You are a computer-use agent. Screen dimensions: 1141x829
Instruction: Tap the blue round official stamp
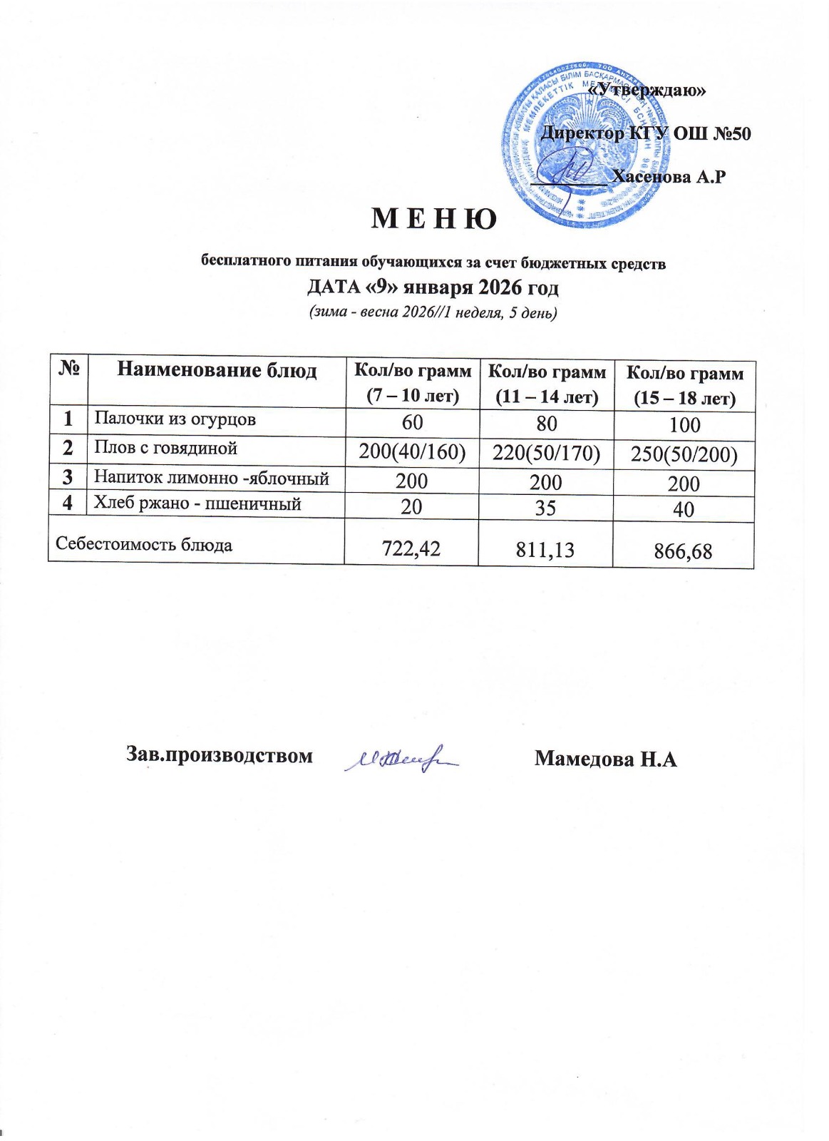(x=586, y=152)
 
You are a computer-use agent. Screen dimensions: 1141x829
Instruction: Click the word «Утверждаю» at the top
(x=649, y=90)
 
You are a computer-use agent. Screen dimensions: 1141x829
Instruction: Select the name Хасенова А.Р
(x=669, y=176)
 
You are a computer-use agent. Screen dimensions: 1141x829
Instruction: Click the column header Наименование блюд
(x=217, y=369)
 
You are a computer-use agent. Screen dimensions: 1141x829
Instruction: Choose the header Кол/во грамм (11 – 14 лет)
(x=546, y=384)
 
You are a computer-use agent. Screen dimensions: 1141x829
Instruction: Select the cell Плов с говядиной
(x=166, y=449)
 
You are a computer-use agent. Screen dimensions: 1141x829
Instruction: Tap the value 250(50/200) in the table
(x=684, y=454)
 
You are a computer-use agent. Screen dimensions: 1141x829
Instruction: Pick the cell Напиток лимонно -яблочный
(x=212, y=478)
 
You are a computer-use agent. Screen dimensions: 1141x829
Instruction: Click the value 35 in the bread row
(x=546, y=508)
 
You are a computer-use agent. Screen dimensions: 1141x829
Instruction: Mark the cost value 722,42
(x=411, y=548)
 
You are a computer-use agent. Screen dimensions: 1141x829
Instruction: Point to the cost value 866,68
(x=684, y=551)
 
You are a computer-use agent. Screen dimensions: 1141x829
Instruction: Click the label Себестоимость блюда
(x=144, y=545)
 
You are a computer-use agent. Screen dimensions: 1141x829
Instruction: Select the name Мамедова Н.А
(x=605, y=758)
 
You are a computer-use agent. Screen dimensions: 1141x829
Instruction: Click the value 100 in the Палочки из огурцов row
(x=684, y=425)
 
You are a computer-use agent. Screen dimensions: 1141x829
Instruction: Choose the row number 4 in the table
(x=68, y=503)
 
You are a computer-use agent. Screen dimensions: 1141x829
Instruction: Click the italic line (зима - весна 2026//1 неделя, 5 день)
(x=433, y=312)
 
